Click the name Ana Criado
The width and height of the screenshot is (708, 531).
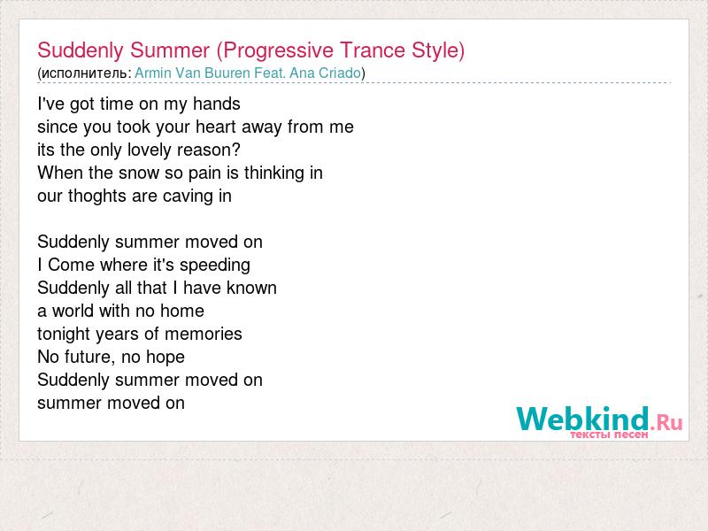tap(325, 73)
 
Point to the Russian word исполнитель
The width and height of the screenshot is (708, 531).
tap(84, 73)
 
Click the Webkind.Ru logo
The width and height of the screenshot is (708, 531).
tap(599, 419)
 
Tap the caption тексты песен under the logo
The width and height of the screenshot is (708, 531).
tap(609, 435)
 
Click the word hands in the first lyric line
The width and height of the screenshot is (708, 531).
tap(217, 104)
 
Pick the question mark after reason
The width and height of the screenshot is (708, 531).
tap(235, 150)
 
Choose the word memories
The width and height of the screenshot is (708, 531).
tap(204, 335)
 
